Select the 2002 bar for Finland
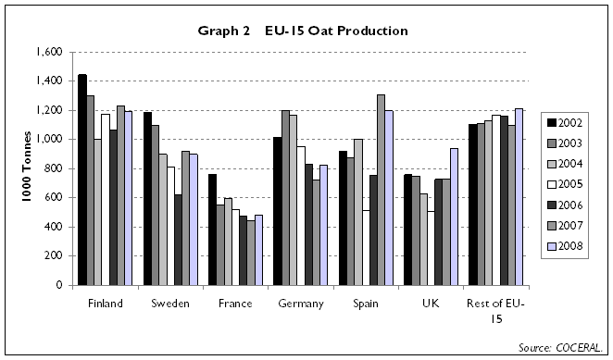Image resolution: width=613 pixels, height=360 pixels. click(82, 180)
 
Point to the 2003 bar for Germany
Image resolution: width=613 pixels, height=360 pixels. click(287, 197)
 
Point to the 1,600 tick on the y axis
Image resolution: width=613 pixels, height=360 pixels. click(53, 52)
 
